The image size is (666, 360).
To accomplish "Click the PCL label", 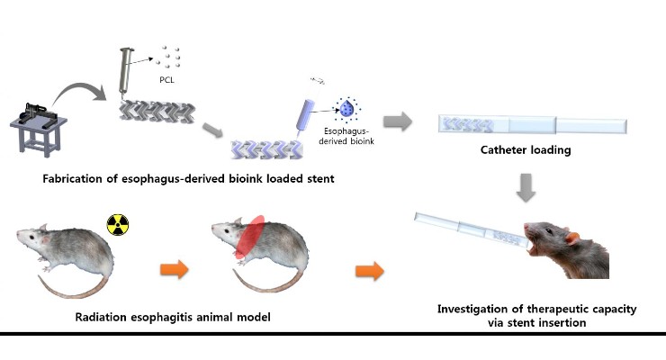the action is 166,80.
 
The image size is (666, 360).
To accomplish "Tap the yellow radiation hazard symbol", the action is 118,225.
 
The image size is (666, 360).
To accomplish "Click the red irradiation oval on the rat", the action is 250,237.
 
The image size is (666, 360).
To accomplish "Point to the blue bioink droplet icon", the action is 347,109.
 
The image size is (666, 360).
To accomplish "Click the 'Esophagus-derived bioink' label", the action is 346,136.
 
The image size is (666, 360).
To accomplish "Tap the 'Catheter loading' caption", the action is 526,150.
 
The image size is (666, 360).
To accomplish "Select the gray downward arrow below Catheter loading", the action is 526,187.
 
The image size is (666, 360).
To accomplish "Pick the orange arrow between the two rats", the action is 175,269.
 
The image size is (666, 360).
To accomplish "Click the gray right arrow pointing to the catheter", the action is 398,121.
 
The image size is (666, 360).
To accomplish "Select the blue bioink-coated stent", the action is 267,150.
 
